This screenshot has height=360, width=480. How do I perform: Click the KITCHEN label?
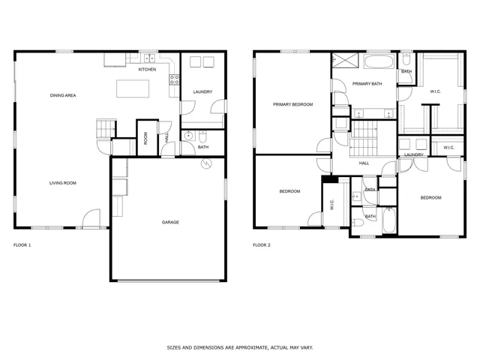[x=147, y=70]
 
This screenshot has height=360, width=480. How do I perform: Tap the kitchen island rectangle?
[x=133, y=88]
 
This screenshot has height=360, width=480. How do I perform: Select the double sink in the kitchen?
[x=148, y=58]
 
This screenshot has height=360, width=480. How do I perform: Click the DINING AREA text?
[x=63, y=95]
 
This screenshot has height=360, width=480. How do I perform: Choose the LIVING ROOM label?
[x=63, y=183]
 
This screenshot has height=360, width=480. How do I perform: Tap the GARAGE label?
[x=170, y=222]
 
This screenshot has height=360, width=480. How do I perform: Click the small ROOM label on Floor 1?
[x=145, y=138]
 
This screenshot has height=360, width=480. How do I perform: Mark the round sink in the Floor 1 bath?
[x=189, y=136]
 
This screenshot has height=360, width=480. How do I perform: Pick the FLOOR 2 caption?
[x=262, y=245]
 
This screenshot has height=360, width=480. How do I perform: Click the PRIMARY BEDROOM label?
[x=292, y=104]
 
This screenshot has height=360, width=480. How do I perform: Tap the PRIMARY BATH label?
[x=367, y=84]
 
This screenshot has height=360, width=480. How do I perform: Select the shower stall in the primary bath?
[x=344, y=61]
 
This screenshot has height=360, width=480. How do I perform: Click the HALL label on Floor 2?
[x=364, y=163]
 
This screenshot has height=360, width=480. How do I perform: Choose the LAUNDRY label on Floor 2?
[x=414, y=155]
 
